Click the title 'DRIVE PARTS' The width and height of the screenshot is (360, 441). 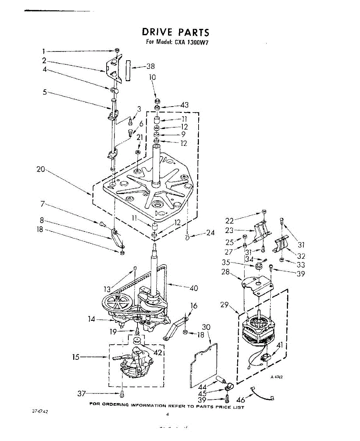pyautogui.click(x=175, y=32)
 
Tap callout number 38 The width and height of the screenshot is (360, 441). pyautogui.click(x=150, y=67)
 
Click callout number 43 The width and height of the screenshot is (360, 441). pyautogui.click(x=184, y=105)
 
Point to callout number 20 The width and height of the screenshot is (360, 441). pyautogui.click(x=40, y=169)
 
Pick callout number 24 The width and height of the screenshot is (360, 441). pyautogui.click(x=210, y=233)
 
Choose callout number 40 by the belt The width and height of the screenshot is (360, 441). pyautogui.click(x=194, y=288)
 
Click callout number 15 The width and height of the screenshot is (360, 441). pyautogui.click(x=76, y=357)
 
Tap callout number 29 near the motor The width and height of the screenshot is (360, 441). pyautogui.click(x=225, y=305)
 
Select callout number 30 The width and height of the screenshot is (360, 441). pyautogui.click(x=206, y=327)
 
